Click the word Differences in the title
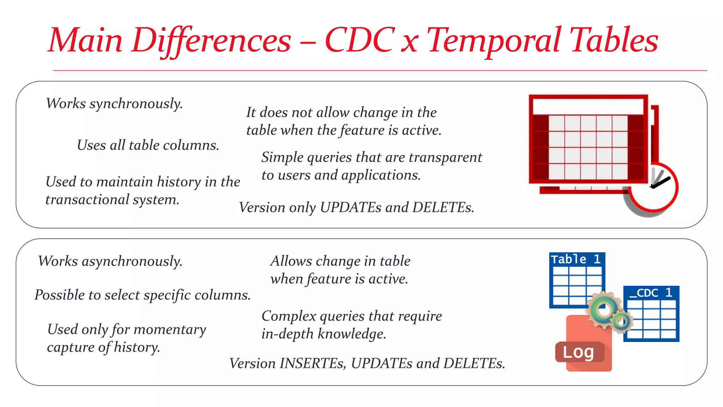click(211, 41)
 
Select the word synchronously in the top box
click(136, 104)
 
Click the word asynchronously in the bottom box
click(132, 262)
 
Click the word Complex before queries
click(289, 316)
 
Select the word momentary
click(170, 330)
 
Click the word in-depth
click(287, 334)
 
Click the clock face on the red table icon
click(653, 187)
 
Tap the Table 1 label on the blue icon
click(576, 259)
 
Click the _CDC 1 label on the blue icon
click(651, 293)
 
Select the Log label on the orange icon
click(578, 352)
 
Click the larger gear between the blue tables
click(602, 309)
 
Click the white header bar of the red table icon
click(587, 106)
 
